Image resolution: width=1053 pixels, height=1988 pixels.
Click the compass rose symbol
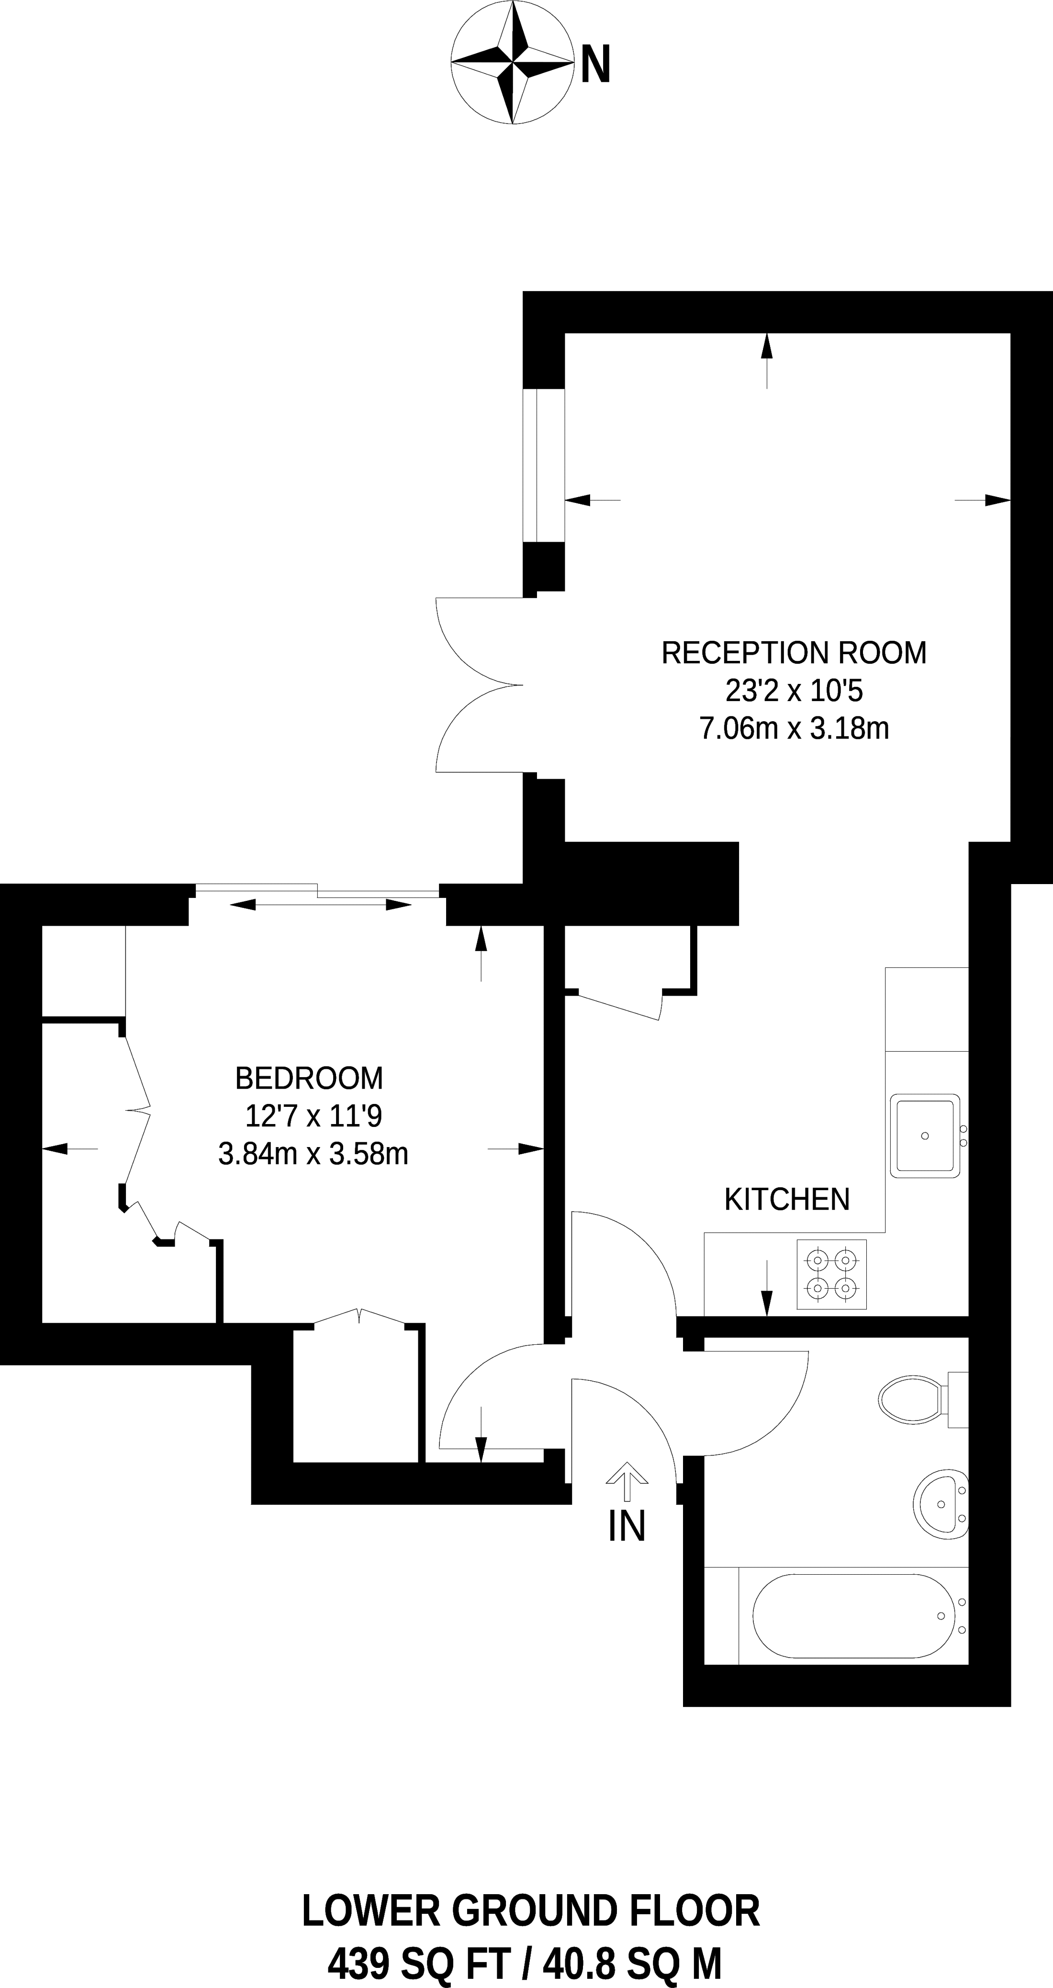(x=512, y=63)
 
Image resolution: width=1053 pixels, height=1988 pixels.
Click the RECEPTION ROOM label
(x=794, y=653)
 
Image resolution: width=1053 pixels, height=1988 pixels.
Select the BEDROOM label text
(x=309, y=1078)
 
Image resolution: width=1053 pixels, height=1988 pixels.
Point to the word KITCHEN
(x=787, y=1199)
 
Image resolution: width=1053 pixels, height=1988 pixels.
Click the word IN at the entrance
(x=627, y=1526)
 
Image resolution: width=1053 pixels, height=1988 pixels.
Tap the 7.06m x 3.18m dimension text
(x=794, y=728)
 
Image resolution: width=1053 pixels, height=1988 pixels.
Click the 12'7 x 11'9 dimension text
(x=313, y=1116)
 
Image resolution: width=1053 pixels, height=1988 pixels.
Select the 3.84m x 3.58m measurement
(x=313, y=1154)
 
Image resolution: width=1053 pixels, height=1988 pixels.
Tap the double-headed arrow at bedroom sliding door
(x=320, y=905)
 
